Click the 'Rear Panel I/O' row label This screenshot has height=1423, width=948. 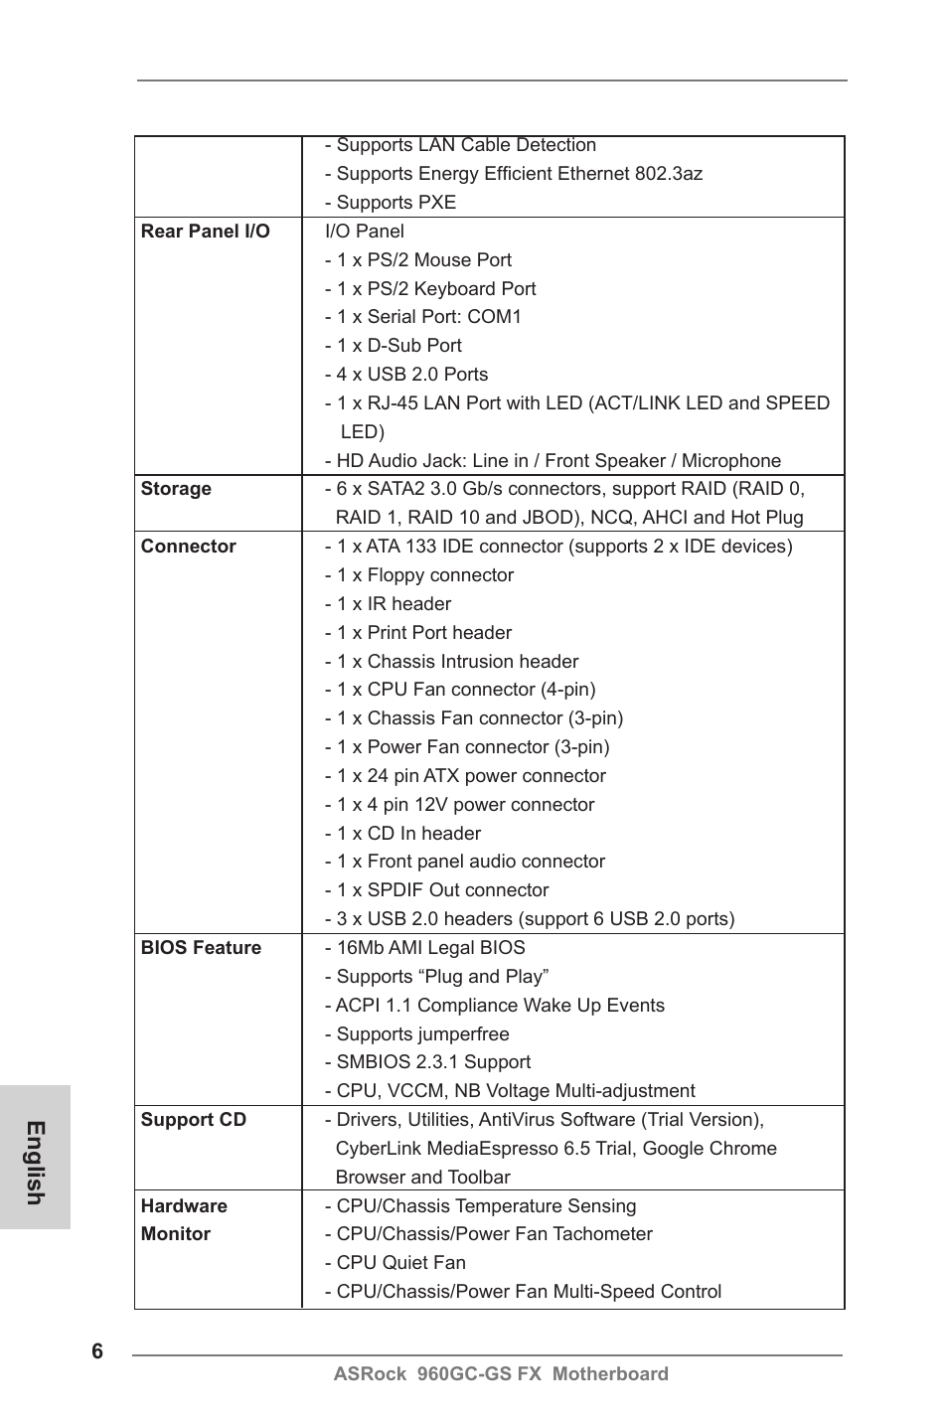click(x=205, y=232)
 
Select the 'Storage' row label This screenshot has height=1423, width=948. click(x=176, y=489)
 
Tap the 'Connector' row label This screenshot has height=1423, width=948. click(x=188, y=547)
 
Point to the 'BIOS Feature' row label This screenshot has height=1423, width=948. click(x=201, y=948)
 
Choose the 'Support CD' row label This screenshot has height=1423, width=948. click(x=193, y=1120)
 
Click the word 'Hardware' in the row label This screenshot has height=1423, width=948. click(x=184, y=1206)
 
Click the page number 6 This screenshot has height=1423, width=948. click(x=97, y=1351)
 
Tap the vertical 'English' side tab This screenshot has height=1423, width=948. click(x=35, y=1162)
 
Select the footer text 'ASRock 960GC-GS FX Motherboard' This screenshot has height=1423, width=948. click(x=501, y=1374)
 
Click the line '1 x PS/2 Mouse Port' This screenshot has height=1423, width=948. click(x=418, y=260)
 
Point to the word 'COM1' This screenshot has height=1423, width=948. click(x=494, y=317)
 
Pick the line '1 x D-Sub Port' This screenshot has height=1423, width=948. click(x=394, y=346)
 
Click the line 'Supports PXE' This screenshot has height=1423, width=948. click(x=391, y=203)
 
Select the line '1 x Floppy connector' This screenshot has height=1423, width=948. click(x=419, y=575)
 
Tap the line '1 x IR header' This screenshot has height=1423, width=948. click(x=388, y=604)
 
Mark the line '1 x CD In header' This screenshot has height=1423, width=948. click(x=402, y=834)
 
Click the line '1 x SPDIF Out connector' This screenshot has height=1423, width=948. click(x=436, y=890)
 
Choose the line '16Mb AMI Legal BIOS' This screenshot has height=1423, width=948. click(x=425, y=948)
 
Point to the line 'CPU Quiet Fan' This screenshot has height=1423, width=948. click(x=395, y=1263)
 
